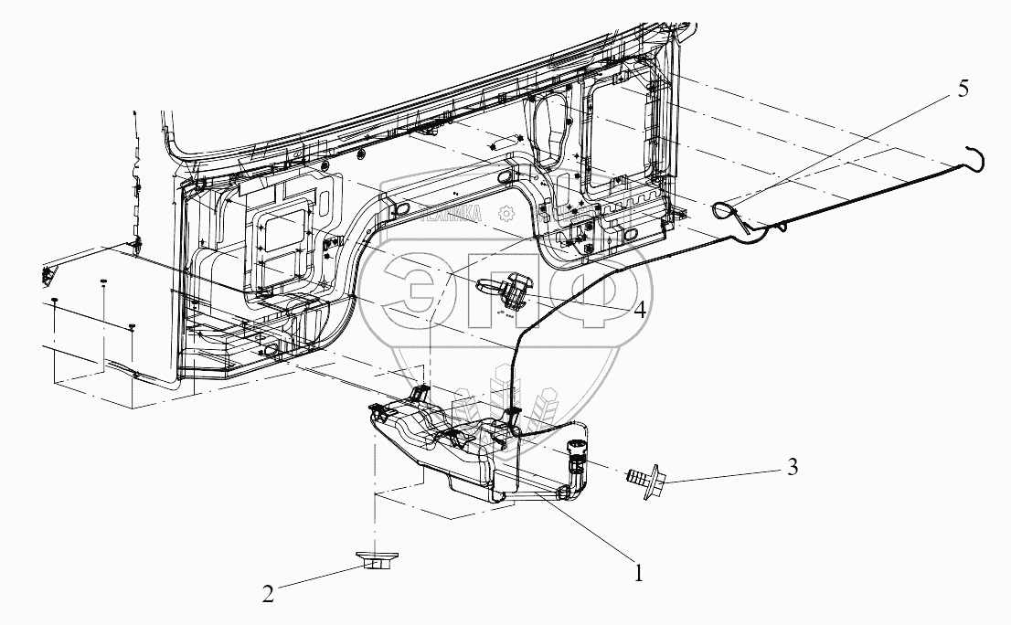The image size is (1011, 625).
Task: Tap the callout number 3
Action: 792,468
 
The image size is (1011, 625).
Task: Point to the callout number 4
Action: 639,310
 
